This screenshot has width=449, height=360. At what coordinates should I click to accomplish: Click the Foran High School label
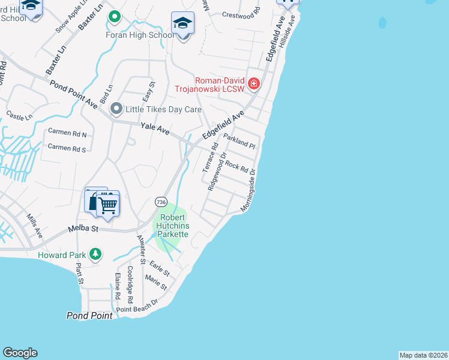[140, 35]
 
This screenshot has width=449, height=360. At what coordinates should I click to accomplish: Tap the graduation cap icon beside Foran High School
[182, 23]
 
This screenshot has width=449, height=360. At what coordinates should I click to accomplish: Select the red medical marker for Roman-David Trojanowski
[254, 83]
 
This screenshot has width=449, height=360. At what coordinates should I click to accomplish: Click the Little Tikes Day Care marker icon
[116, 109]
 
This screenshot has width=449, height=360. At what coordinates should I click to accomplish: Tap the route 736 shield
[160, 202]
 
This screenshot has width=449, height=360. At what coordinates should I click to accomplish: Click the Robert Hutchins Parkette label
[173, 226]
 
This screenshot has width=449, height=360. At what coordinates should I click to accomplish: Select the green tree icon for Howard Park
[95, 255]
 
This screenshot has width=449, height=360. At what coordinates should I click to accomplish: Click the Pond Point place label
[89, 316]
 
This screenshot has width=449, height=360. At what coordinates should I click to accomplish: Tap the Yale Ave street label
[155, 128]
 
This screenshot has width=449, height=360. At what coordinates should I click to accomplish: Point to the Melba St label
[83, 229]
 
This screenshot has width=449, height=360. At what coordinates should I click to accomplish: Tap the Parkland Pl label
[240, 142]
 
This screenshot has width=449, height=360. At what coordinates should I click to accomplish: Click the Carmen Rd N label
[67, 134]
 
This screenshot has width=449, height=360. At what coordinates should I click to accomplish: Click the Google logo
[20, 353]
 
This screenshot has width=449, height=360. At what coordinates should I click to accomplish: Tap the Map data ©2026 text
[423, 355]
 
